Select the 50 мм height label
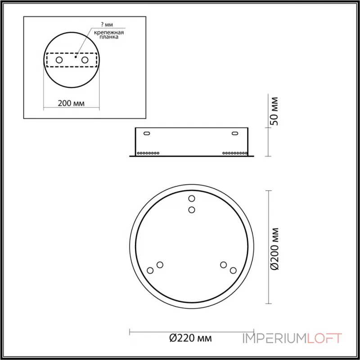tap(275, 111)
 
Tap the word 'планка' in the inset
tap(109, 38)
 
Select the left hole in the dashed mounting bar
tap(59, 60)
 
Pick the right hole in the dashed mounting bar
tap(85, 60)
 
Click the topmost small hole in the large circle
tap(192, 199)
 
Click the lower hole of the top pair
tap(192, 209)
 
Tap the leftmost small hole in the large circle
tap(150, 270)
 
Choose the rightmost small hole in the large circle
tap(233, 270)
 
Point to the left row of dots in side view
tap(148, 153)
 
